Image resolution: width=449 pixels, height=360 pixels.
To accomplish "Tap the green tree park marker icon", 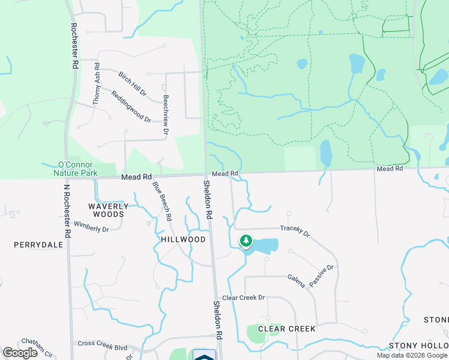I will tap(246, 241).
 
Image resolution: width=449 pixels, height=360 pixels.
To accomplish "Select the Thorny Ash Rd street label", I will tap(96, 85).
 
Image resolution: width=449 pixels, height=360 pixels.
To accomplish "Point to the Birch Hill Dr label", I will tap(132, 84).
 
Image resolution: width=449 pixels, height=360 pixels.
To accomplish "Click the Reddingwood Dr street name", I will tap(131, 106).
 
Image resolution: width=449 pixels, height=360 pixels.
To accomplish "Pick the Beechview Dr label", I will tap(166, 113).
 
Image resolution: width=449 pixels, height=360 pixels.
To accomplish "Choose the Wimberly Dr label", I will tap(92, 229).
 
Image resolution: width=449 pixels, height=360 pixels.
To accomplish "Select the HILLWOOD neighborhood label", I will tap(183, 239).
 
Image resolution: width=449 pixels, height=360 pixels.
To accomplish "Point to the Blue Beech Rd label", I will tap(163, 200).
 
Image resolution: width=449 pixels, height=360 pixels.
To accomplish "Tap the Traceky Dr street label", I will tap(294, 231).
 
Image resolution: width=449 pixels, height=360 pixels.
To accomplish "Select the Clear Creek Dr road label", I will tap(243, 298).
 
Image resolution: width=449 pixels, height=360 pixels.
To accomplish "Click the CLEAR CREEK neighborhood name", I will tap(286, 329).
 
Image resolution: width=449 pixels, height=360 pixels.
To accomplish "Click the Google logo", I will tap(20, 353).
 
